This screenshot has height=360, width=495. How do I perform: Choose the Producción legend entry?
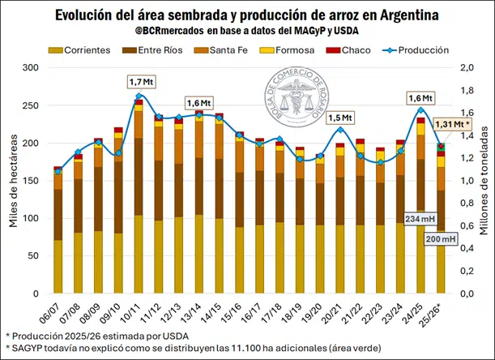pyautogui.click(x=418, y=50)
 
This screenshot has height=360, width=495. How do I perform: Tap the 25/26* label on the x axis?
pyautogui.click(x=437, y=310)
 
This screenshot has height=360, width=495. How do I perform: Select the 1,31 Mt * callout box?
pyautogui.click(x=452, y=124)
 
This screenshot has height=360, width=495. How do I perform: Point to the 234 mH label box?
pyautogui.click(x=418, y=221)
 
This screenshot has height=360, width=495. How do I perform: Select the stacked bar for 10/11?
pyautogui.click(x=139, y=195)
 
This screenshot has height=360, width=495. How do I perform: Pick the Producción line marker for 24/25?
pyautogui.click(x=420, y=110)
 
